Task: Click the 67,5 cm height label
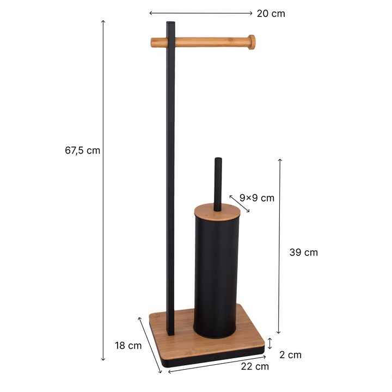(x=83, y=150)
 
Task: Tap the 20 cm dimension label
(x=271, y=14)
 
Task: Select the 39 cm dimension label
(x=303, y=253)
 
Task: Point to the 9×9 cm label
(x=257, y=198)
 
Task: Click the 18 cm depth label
(x=128, y=346)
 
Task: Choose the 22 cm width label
(x=255, y=366)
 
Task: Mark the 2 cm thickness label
(x=290, y=355)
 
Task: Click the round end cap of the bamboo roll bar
(x=251, y=42)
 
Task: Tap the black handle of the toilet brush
(x=218, y=184)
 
